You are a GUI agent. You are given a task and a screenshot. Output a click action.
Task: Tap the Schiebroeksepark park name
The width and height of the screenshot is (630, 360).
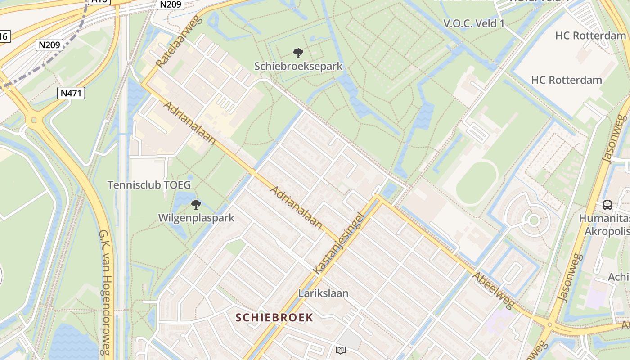(298, 66)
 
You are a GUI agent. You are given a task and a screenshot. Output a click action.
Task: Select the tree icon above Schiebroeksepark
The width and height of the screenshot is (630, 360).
(298, 53)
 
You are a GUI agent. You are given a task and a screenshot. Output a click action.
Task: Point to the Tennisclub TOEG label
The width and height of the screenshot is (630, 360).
(149, 185)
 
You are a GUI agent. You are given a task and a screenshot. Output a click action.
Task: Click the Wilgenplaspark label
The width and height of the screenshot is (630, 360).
(196, 218)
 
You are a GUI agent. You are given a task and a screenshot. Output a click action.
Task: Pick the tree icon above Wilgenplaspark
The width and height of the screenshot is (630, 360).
(196, 205)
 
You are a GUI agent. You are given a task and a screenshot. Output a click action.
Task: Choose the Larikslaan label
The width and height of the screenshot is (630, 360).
(323, 293)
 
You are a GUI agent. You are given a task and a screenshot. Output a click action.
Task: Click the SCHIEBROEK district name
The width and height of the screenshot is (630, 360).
(274, 317)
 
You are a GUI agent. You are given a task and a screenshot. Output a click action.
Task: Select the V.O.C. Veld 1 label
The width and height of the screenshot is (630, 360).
(474, 23)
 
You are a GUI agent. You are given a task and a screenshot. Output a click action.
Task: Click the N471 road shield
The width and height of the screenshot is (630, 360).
(72, 93)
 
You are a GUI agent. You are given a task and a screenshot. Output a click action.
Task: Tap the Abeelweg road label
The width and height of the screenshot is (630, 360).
(493, 290)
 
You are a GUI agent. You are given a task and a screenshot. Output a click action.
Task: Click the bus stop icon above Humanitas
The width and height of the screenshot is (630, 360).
(607, 205)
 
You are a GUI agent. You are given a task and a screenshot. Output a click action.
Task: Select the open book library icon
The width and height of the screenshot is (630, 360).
(341, 350)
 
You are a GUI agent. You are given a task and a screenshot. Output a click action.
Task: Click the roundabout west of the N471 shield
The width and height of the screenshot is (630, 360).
(32, 121)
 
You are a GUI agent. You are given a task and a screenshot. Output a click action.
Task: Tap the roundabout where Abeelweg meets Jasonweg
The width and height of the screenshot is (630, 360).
(549, 324)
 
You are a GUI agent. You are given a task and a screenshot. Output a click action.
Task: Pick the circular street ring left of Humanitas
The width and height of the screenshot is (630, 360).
(534, 220)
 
